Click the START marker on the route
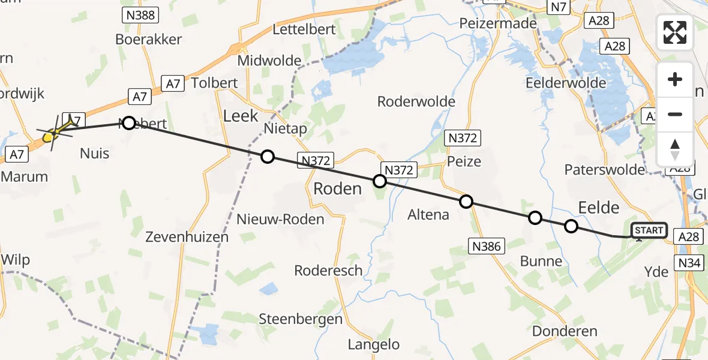click(x=649, y=230)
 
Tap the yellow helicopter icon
click(x=56, y=130)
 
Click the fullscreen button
click(x=675, y=32)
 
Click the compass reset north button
click(x=675, y=149)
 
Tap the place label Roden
click(x=337, y=189)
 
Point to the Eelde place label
click(x=598, y=208)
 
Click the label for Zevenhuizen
click(x=187, y=237)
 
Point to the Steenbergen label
click(x=301, y=319)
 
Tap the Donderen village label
click(x=565, y=331)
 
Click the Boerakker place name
click(x=149, y=40)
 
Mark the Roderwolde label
click(x=416, y=102)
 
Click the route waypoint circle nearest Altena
click(x=466, y=202)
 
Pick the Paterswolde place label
click(x=604, y=170)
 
